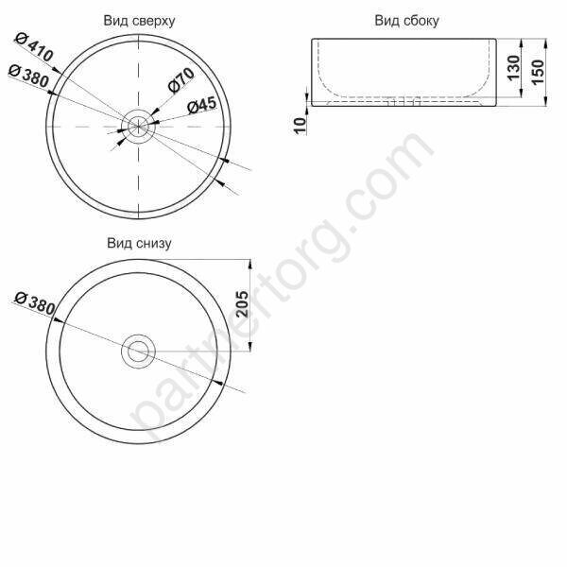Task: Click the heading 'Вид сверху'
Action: (x=139, y=20)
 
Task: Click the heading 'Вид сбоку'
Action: (x=406, y=20)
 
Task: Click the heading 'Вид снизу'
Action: (x=138, y=243)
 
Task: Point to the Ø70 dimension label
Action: (x=181, y=82)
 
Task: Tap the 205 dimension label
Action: (x=242, y=304)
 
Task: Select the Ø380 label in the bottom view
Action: (x=36, y=304)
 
